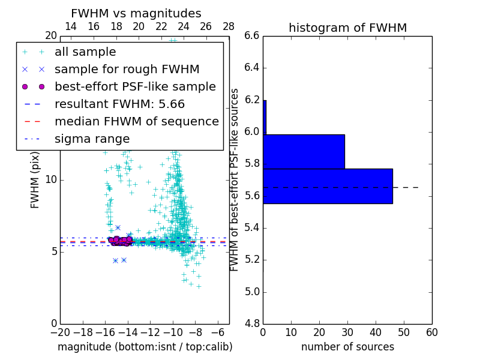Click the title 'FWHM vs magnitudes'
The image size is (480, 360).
click(x=136, y=13)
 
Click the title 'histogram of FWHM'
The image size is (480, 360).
click(x=347, y=28)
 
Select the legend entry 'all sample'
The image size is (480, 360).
click(x=85, y=52)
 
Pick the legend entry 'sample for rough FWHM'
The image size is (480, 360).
click(x=127, y=70)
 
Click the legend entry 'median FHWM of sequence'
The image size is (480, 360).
click(x=136, y=122)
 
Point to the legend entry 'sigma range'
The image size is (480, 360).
click(x=92, y=139)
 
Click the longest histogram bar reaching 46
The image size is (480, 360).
click(x=328, y=186)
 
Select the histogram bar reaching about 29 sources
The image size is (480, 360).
click(x=304, y=152)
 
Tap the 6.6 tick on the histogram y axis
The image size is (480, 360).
click(x=252, y=35)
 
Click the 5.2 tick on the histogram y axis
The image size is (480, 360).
click(x=252, y=260)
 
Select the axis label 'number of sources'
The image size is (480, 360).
click(x=347, y=347)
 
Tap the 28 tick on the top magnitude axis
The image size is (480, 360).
click(x=229, y=26)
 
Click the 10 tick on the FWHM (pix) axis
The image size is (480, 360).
click(x=50, y=179)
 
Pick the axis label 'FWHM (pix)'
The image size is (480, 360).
click(x=35, y=179)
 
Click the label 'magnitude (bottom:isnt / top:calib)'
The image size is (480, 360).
click(x=145, y=347)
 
